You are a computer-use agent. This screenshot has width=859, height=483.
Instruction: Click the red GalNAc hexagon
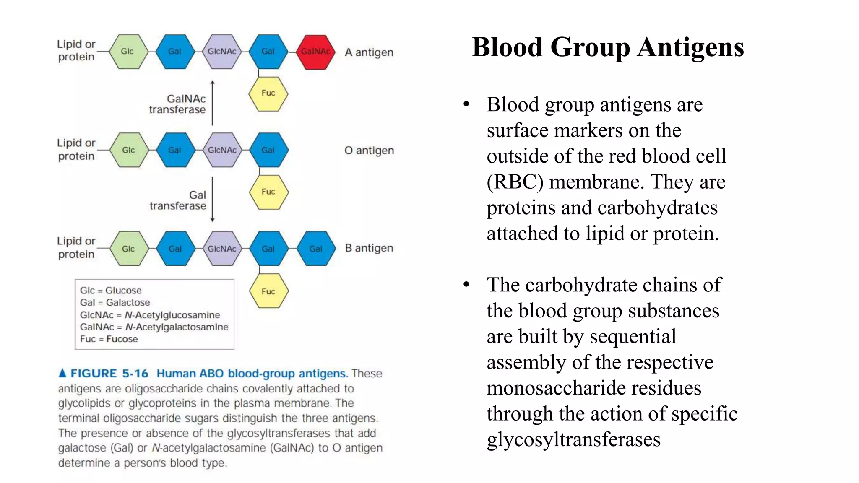tap(315, 52)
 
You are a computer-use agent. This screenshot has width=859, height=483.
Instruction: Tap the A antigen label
tap(369, 52)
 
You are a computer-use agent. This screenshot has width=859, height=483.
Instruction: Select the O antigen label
tap(369, 150)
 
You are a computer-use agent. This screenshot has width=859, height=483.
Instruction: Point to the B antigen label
tap(369, 248)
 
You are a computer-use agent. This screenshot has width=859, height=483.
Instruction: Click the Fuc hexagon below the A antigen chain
tap(268, 93)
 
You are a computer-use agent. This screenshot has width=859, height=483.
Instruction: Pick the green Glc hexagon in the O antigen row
tap(129, 150)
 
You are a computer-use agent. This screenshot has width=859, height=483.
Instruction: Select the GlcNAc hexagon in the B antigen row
tap(222, 249)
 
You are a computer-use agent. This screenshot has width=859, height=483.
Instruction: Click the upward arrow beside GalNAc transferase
tap(213, 103)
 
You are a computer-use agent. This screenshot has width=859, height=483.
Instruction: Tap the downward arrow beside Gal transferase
tap(213, 200)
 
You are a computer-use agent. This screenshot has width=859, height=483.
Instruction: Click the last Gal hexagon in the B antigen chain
tap(315, 249)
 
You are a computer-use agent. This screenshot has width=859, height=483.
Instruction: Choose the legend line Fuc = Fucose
tap(109, 339)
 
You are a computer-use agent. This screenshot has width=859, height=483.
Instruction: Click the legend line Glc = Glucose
tap(111, 290)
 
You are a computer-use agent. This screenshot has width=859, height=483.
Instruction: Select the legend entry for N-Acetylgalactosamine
tap(154, 327)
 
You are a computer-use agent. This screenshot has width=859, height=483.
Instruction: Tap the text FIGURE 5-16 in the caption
tap(109, 373)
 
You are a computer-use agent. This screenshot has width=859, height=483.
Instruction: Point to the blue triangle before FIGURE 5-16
tap(62, 373)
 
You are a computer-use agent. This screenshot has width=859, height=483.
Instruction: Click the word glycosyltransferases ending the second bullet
tap(573, 439)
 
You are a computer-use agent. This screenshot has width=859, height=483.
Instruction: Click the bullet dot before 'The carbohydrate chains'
tap(466, 285)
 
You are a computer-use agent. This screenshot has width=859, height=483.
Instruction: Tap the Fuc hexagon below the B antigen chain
tap(268, 291)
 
